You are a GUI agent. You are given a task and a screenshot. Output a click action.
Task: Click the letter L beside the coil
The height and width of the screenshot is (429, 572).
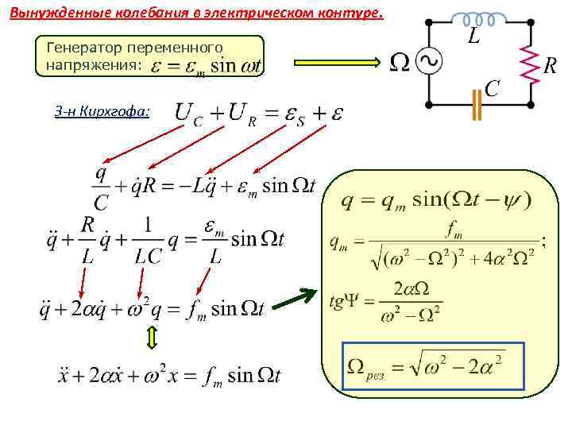click(x=473, y=37)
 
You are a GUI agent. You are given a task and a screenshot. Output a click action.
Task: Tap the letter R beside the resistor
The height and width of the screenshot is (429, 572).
click(x=550, y=66)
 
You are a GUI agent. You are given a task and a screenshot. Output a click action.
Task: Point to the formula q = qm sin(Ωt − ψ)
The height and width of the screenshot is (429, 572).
click(x=435, y=199)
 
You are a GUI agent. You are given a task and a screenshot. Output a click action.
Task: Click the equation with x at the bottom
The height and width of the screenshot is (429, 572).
click(x=169, y=374)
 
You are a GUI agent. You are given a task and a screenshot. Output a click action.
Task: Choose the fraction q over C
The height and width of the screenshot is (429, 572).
click(x=102, y=186)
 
